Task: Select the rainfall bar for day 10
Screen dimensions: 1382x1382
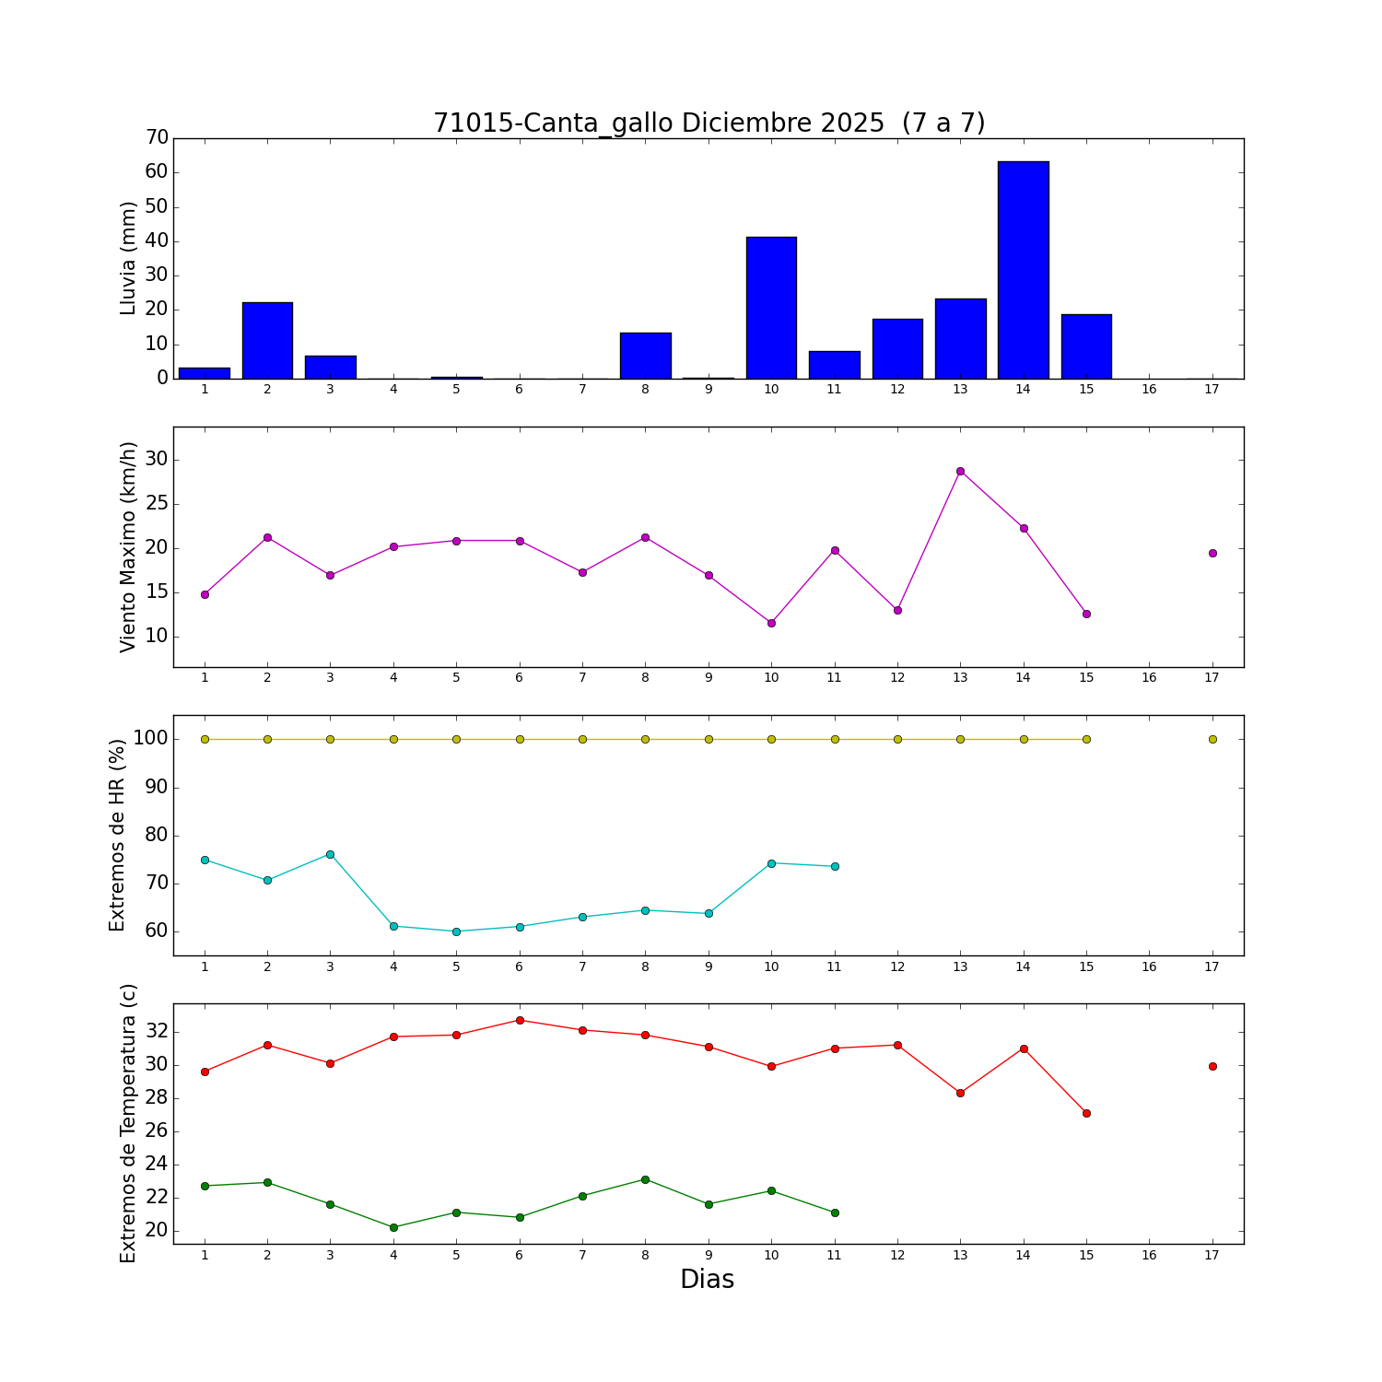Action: [x=771, y=308]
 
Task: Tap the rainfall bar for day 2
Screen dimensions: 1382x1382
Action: [x=267, y=340]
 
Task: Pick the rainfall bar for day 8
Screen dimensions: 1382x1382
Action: [x=645, y=356]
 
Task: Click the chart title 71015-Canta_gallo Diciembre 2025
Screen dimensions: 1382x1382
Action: [x=709, y=123]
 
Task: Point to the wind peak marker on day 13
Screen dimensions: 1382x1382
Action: [x=960, y=471]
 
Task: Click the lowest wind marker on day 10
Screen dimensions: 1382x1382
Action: [x=771, y=623]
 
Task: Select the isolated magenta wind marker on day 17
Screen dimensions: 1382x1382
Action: [x=1212, y=553]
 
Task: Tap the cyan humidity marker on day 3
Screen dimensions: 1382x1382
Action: [x=330, y=854]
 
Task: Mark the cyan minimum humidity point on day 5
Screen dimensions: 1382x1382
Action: [x=456, y=931]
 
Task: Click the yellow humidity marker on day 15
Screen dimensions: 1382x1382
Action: [x=1086, y=739]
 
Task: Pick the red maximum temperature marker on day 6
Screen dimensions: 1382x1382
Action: [x=520, y=1020]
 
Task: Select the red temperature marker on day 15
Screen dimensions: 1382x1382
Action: [x=1086, y=1113]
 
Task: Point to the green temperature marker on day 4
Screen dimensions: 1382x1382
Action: [x=393, y=1227]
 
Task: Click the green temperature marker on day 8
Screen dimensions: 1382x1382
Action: [x=645, y=1179]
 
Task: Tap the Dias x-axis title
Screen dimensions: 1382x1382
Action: [x=707, y=1280]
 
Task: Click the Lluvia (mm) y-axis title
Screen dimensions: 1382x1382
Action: [x=128, y=258]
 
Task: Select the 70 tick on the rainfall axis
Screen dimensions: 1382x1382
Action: [x=158, y=138]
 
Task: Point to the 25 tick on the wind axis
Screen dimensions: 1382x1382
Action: [x=158, y=504]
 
